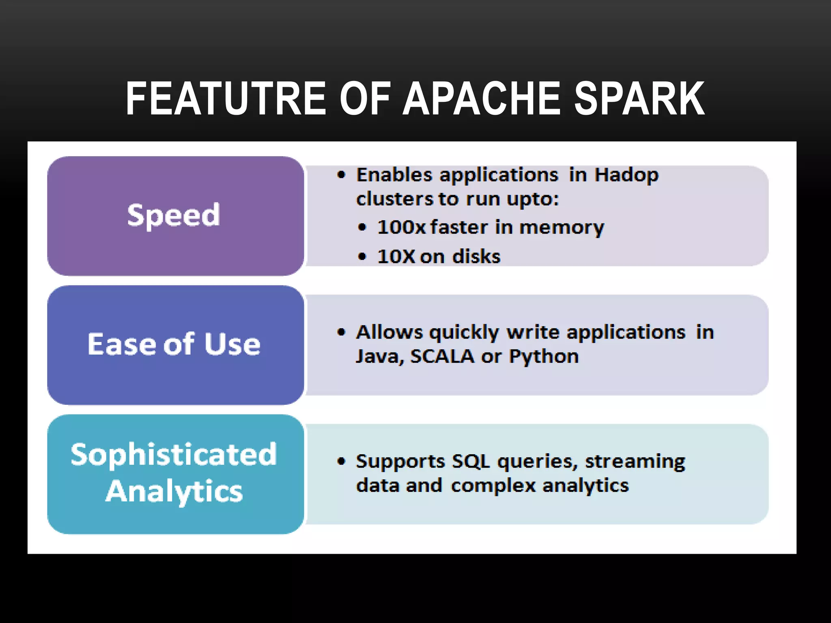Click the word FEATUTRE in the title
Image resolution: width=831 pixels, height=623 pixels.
(226, 99)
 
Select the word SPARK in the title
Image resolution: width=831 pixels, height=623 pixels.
(640, 99)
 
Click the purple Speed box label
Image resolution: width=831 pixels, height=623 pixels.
(174, 215)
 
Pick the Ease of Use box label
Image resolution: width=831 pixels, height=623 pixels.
(174, 344)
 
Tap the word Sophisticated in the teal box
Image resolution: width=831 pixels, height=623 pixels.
(174, 454)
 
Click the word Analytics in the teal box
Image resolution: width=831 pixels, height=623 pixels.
(174, 491)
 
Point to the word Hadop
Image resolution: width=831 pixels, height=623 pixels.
(626, 175)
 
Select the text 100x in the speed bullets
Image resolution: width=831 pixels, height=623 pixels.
(401, 227)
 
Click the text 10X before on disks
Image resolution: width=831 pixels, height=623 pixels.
(396, 256)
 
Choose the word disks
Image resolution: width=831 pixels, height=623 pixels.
(476, 256)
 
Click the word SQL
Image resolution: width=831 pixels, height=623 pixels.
(471, 462)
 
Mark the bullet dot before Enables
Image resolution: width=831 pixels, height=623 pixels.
(342, 175)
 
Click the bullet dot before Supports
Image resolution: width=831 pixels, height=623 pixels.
(342, 462)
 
